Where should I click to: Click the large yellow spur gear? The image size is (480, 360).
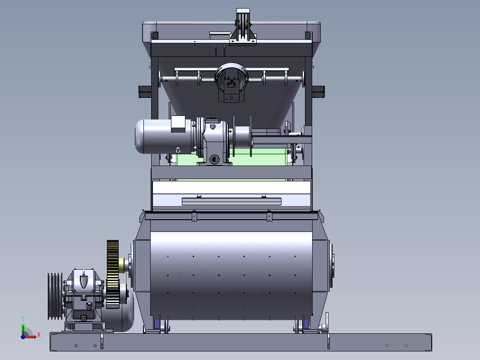pyautogui.click(x=113, y=274)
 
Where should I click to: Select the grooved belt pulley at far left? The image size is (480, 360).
pyautogui.click(x=55, y=296)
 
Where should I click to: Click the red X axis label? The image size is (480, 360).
pyautogui.click(x=39, y=335)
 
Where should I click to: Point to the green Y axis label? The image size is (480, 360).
pyautogui.click(x=23, y=319)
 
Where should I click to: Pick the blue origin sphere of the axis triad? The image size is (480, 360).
pyautogui.click(x=23, y=337)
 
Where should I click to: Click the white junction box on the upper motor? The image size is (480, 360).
pyautogui.click(x=178, y=124)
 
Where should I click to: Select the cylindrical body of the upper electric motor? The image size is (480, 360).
pyautogui.click(x=163, y=137)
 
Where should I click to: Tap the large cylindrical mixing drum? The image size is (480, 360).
pyautogui.click(x=231, y=276)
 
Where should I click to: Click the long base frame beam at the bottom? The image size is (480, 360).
pyautogui.click(x=241, y=342)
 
